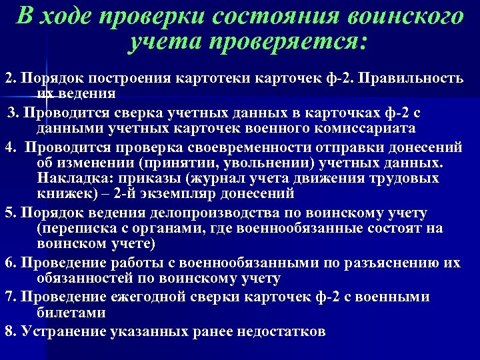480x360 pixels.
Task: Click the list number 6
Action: pos(9,263)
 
